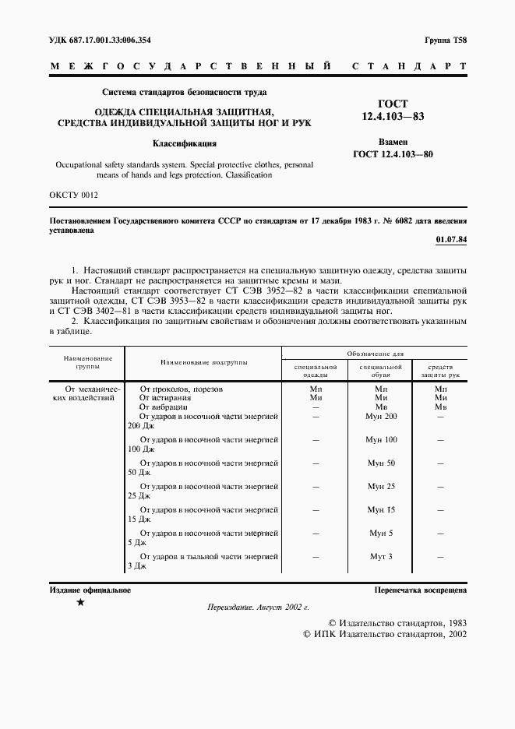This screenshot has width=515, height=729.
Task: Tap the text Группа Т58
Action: [446, 39]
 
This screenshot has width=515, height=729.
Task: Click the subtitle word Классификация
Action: [184, 143]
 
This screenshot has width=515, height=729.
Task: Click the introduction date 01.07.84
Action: [451, 239]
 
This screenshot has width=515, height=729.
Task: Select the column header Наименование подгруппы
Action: [204, 362]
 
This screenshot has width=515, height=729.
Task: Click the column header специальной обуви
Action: [380, 370]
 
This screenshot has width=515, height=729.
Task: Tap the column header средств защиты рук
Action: [441, 370]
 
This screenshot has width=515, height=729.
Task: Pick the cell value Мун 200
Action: [381, 417]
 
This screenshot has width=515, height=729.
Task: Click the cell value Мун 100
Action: [381, 440]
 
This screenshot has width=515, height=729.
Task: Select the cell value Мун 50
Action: [381, 463]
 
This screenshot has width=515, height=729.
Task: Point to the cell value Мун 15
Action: [381, 510]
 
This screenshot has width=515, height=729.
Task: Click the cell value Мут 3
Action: [381, 557]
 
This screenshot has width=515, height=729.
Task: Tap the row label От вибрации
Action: [164, 407]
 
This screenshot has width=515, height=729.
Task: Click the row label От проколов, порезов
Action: [181, 388]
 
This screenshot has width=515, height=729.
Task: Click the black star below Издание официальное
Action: [80, 603]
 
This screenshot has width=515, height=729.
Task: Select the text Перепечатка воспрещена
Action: [420, 590]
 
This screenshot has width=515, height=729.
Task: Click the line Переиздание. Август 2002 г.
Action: [258, 607]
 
